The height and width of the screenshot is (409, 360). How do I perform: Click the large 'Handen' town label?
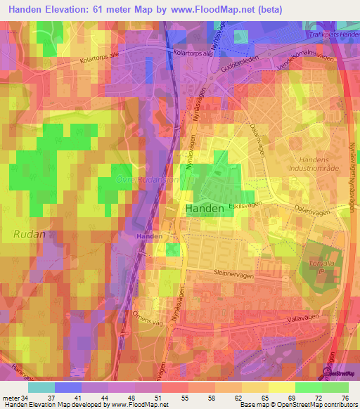[x=205, y=209]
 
